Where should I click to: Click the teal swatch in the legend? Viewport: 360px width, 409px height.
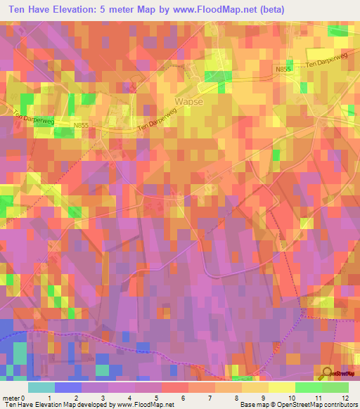(41, 387)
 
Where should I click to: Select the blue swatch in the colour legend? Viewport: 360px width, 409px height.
(68, 387)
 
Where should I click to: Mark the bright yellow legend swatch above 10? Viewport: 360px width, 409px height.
(281, 387)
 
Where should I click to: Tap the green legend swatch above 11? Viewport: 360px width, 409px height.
(308, 387)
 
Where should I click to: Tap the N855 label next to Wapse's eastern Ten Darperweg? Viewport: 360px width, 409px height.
(283, 68)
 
